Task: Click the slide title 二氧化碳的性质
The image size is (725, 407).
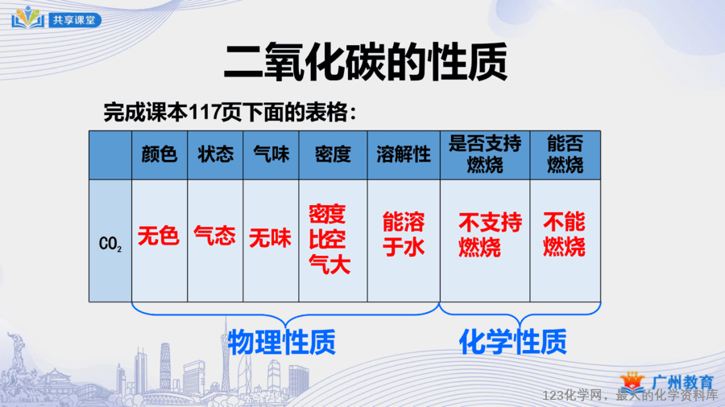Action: [x=365, y=62]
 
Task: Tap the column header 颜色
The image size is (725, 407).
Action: [x=159, y=154]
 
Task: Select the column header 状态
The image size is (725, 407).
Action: [x=215, y=154]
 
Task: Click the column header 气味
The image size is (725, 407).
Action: [x=271, y=154]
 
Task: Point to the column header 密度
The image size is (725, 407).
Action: [x=333, y=154]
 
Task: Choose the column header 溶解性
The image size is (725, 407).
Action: [x=404, y=154]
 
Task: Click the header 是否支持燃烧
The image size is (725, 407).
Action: [x=485, y=154]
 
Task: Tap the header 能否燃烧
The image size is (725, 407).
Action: [x=565, y=154]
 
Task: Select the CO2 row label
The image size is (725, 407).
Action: [x=110, y=244]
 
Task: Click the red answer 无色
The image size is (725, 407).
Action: [x=159, y=236]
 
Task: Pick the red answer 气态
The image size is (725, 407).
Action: [x=214, y=236]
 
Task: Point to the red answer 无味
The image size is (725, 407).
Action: [x=271, y=238]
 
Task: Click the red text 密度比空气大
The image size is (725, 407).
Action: [x=329, y=239]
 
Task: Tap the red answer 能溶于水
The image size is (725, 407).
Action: [x=404, y=234]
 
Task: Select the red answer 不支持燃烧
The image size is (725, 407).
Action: [x=490, y=235]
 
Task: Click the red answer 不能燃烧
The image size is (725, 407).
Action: [x=564, y=234]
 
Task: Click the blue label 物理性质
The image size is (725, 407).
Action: [x=282, y=342]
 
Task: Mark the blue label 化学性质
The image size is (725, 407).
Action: [x=513, y=342]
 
